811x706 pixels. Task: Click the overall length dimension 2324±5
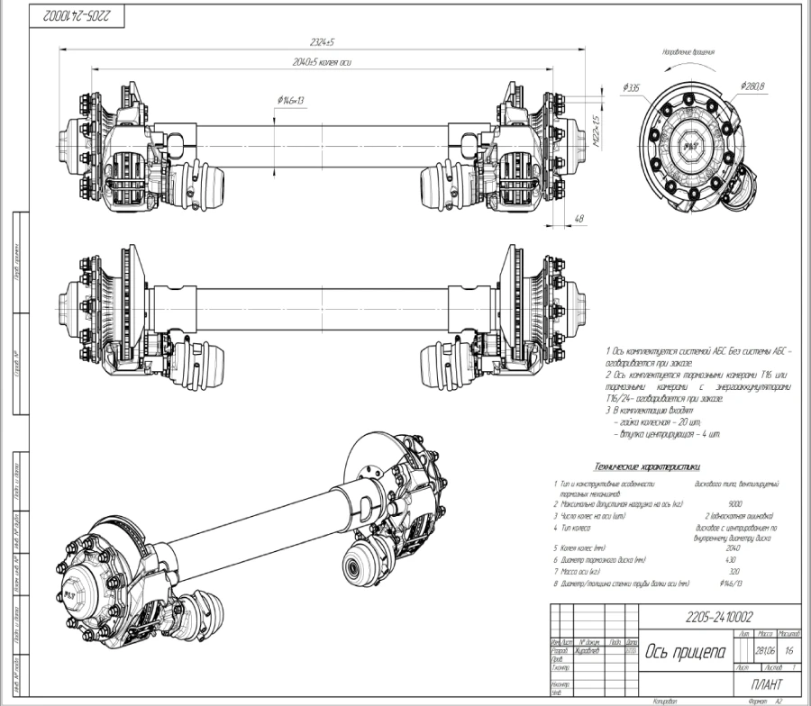[x=320, y=43]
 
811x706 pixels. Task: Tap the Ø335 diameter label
[x=630, y=87]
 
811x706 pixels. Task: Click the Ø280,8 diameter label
[x=752, y=86]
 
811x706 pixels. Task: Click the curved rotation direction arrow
[x=689, y=66]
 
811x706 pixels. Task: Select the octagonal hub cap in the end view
[x=692, y=144]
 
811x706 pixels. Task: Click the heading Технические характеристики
[x=646, y=466]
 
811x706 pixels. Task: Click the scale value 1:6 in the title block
[x=789, y=648]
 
